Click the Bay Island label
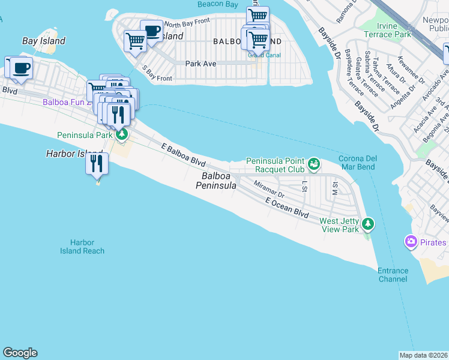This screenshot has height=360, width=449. [x=43, y=41]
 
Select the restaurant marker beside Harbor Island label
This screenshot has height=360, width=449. [x=97, y=163]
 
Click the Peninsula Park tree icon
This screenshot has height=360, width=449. [x=122, y=134]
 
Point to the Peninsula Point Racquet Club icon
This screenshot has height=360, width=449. [x=313, y=163]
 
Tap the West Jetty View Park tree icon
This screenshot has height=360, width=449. [x=369, y=224]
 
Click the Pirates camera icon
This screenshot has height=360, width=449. [x=411, y=242]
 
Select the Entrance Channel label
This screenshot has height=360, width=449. [x=393, y=275]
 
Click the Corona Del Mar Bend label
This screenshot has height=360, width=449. [x=358, y=163]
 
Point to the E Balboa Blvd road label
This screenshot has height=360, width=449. [x=184, y=155]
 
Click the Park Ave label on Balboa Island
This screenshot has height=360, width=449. [x=200, y=63]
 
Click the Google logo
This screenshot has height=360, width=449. [x=20, y=353]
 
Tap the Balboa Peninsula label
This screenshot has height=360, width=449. [x=216, y=181]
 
